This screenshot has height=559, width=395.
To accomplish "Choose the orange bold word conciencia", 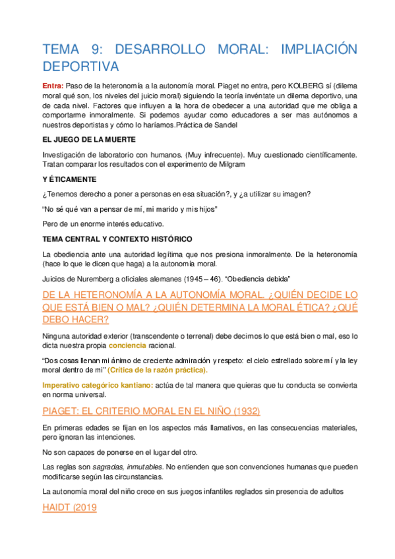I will pos(129,345).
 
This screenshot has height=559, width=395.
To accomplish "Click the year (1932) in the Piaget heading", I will pos(239,411).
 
